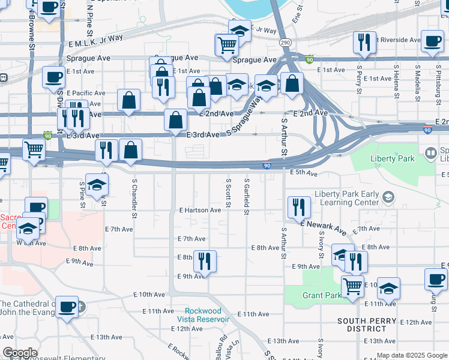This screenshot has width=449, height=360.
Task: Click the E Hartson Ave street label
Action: (200, 210)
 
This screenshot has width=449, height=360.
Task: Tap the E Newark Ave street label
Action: (324, 227)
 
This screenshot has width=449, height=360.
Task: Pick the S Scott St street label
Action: (228, 193)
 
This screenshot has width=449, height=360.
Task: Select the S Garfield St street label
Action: (247, 195)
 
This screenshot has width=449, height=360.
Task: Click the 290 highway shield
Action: (286, 43)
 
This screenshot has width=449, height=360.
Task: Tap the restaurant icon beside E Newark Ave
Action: (298, 208)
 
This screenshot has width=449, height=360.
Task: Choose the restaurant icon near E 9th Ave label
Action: (205, 262)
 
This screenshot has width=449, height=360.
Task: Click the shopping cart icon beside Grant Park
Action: (352, 287)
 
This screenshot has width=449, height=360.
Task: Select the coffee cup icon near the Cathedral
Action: (67, 307)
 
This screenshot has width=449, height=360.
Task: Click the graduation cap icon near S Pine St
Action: (96, 185)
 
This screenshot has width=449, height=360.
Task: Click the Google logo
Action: (20, 353)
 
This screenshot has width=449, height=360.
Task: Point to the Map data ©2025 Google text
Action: (412, 355)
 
